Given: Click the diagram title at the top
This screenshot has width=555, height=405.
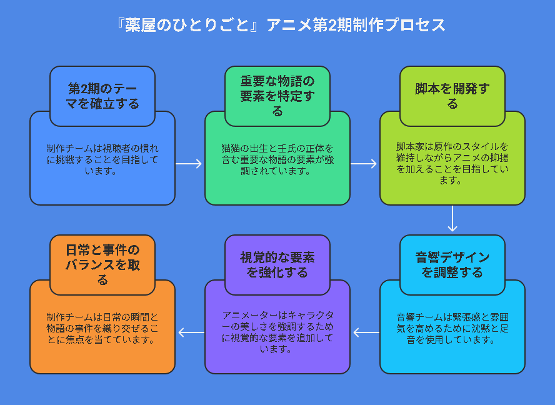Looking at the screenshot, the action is pos(281,25).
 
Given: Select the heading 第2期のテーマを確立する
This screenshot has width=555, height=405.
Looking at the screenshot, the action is pos(102,96).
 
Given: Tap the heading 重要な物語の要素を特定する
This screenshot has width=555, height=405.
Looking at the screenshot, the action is pos(277,96).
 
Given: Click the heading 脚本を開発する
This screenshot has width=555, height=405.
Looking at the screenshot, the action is pos(452,96).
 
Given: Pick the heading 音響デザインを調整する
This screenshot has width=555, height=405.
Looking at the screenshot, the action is pos(452,265).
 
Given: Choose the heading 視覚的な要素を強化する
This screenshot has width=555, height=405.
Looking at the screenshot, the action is pos(277,265).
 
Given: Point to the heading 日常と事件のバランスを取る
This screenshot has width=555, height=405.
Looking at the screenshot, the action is pos(102,265).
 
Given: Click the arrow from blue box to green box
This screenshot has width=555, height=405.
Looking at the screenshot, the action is pos(189,164).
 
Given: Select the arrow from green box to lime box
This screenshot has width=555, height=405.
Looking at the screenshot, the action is pos(364,164).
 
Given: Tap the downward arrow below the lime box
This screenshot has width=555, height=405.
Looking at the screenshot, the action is pos(452,218).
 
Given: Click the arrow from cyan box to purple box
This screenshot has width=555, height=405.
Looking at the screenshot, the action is pos(366,332).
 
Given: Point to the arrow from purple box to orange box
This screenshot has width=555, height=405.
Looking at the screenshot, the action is pos(191,332).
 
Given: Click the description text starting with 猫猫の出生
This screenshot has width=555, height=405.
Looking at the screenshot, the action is pos(277,159).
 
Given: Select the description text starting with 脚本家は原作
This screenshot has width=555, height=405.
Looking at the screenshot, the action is pos(452,163).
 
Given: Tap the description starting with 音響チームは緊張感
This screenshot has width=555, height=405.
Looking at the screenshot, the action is pos(452,328).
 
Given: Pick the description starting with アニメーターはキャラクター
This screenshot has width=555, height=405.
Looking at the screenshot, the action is pos(277,332).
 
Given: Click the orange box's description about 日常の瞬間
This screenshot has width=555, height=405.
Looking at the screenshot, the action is pos(102,328).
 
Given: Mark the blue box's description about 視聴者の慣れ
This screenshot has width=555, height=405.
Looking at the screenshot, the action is pos(102,159).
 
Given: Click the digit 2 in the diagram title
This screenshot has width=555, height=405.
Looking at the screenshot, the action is pos(332,25).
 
